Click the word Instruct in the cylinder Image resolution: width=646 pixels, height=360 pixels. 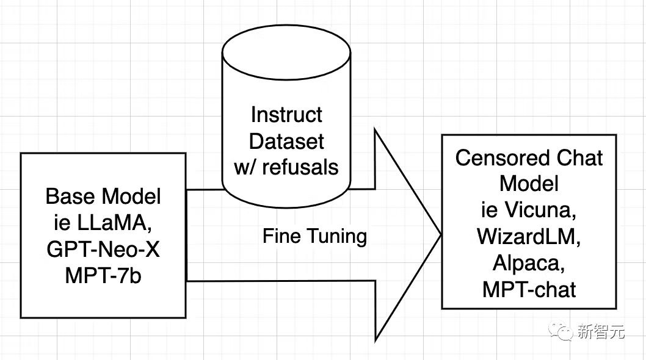pyautogui.click(x=287, y=114)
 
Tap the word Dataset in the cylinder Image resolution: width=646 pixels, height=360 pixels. pyautogui.click(x=287, y=140)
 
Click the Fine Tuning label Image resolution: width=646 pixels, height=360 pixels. pyautogui.click(x=315, y=236)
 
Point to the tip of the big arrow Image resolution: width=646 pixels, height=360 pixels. pyautogui.click(x=440, y=233)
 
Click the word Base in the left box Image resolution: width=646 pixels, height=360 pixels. pyautogui.click(x=70, y=196)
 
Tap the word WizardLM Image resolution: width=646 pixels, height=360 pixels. pyautogui.click(x=529, y=236)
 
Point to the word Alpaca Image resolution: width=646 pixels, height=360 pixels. pyautogui.click(x=529, y=262)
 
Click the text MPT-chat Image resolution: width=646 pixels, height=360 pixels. pyautogui.click(x=529, y=289)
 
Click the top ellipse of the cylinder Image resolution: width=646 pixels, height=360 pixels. pyautogui.click(x=287, y=46)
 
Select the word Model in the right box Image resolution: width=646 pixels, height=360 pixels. pyautogui.click(x=529, y=184)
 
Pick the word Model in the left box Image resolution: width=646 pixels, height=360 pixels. pyautogui.click(x=131, y=196)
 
